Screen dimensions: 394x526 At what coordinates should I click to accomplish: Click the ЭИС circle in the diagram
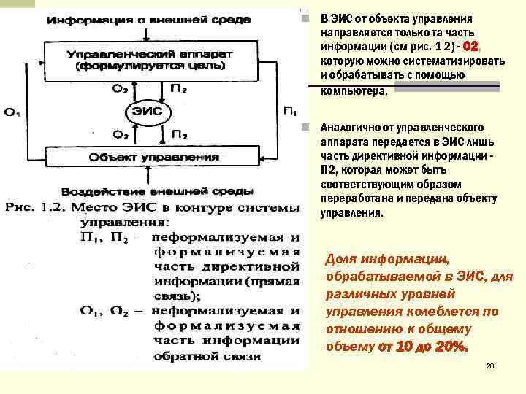(146, 112)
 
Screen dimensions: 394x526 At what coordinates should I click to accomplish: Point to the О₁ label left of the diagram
(12, 112)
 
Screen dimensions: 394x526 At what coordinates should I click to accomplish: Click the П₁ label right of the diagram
(289, 112)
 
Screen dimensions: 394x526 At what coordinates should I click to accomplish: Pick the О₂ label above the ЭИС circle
(120, 90)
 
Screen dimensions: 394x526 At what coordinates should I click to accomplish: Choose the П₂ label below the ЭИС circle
(179, 135)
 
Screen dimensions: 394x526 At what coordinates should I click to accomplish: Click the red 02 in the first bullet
(471, 45)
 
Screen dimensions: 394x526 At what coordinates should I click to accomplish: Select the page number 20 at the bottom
(490, 365)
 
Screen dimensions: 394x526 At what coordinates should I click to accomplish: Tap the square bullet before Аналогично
(311, 128)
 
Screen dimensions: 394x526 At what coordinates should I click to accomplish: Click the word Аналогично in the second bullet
(350, 128)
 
